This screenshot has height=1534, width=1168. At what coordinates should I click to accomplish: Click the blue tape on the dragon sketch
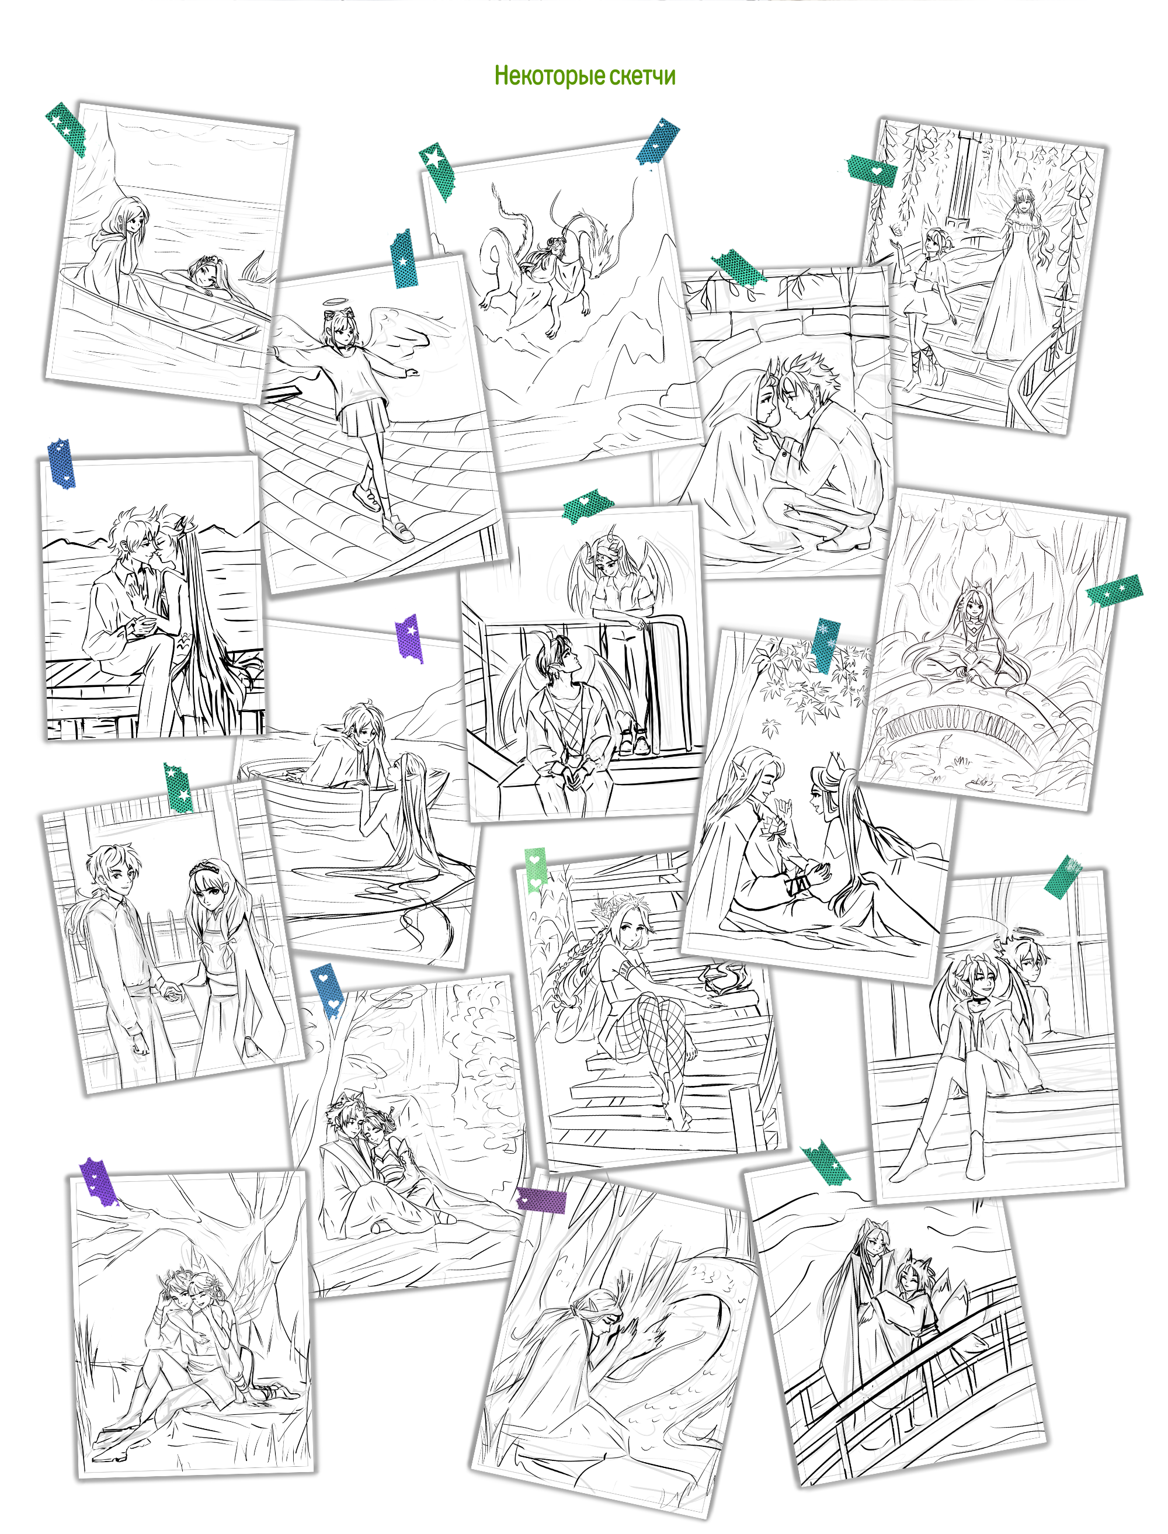(x=657, y=141)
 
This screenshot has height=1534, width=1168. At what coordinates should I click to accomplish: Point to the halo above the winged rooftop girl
(x=336, y=303)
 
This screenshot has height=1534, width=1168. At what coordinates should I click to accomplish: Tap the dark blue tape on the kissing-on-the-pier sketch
(x=61, y=463)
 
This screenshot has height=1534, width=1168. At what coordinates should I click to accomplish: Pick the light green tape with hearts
(x=536, y=869)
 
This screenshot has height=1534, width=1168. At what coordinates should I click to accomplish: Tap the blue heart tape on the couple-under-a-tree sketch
(x=328, y=990)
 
